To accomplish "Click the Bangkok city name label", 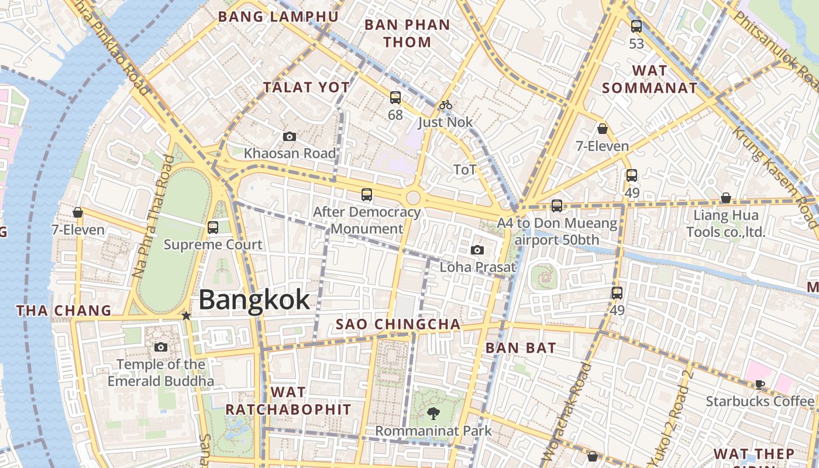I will [254, 300].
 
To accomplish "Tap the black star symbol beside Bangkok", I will [186, 316].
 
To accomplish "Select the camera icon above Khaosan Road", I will [289, 137].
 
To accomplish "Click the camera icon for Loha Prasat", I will [477, 250].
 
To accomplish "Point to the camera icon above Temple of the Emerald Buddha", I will [161, 347].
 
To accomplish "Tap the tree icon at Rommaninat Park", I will [433, 414].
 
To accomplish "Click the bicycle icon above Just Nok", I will [446, 105].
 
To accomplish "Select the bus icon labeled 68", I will [395, 98].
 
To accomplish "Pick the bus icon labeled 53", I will [636, 26].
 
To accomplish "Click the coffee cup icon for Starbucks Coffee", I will [759, 384].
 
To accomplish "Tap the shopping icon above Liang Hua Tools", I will [726, 198].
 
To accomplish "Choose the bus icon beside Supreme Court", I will [213, 227].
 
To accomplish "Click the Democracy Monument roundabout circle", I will [413, 197].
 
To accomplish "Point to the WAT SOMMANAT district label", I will [650, 80].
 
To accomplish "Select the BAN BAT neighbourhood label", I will [521, 348].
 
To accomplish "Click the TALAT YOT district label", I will [307, 88].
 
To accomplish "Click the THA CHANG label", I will [64, 311].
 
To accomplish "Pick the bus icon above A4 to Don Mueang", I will [556, 206].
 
